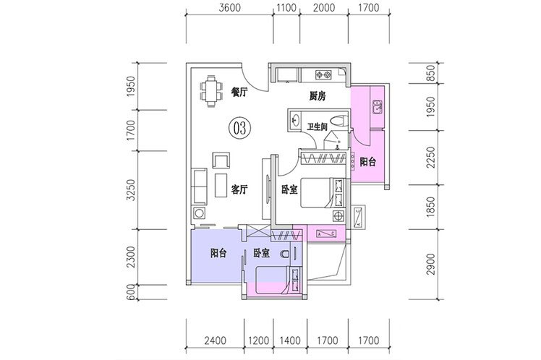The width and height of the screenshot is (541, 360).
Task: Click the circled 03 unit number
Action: tap(240, 128)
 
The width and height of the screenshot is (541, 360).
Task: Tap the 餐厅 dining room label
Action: tap(239, 92)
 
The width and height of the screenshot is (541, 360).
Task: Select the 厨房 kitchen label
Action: tap(317, 96)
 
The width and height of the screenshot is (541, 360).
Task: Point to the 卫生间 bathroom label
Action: tap(317, 127)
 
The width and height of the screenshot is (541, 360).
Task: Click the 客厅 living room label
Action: tap(239, 189)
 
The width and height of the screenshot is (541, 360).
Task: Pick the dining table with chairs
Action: tap(210, 91)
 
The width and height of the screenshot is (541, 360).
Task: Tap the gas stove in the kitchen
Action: tap(323, 74)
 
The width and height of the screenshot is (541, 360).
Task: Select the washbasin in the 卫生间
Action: tap(295, 120)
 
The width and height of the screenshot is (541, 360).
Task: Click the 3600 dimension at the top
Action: tap(229, 7)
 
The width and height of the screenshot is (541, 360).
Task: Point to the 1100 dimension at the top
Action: tap(286, 7)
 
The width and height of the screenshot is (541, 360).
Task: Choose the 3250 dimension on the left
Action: tap(131, 189)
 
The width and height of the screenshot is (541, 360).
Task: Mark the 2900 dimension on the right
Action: tap(430, 264)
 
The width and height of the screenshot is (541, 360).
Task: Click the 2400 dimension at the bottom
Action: tap(216, 340)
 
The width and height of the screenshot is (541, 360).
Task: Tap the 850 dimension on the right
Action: tap(430, 74)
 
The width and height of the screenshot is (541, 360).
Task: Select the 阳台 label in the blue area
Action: tap(218, 254)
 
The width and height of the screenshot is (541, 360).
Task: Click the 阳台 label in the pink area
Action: tap(367, 162)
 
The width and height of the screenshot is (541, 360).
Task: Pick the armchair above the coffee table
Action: tap(221, 160)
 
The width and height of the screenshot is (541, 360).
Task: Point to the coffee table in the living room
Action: tap(221, 185)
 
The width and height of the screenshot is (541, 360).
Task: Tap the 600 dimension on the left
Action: tap(131, 293)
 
